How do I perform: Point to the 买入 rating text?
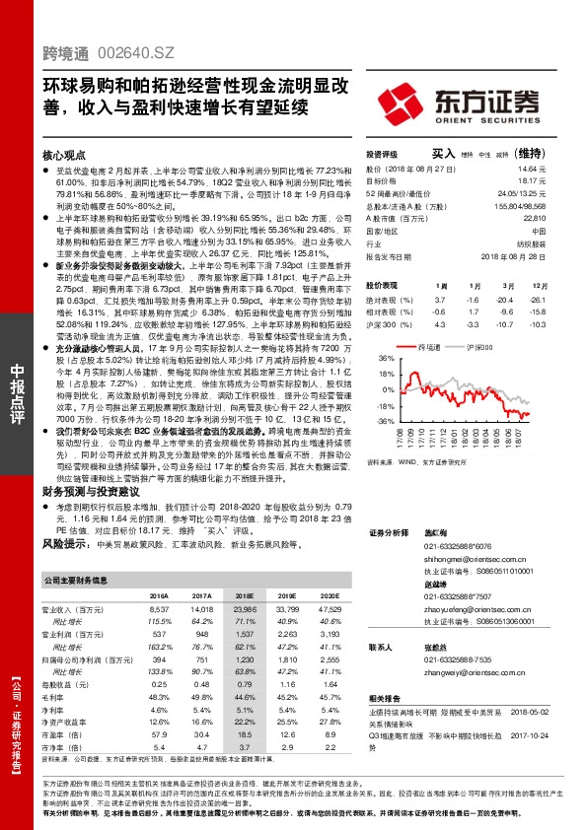tap(443, 154)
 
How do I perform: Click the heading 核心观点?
tap(64, 156)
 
